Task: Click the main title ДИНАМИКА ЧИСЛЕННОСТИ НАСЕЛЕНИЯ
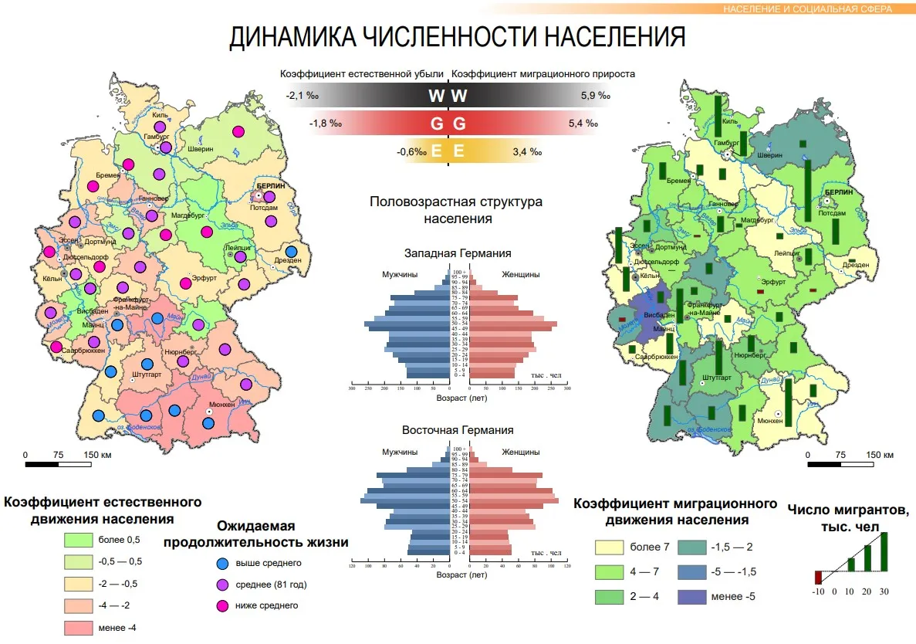(x=457, y=36)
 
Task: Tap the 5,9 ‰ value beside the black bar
(x=595, y=96)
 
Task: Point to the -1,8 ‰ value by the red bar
(x=325, y=124)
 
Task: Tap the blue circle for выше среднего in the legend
(x=223, y=563)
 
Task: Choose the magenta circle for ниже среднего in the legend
(x=223, y=605)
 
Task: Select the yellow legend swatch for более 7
(x=609, y=547)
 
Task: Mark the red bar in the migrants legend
(x=819, y=577)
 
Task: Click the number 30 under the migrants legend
(x=884, y=591)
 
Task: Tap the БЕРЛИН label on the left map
(x=271, y=186)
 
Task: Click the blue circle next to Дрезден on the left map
(x=291, y=251)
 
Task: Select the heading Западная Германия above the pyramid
(x=457, y=253)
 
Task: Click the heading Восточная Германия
(x=457, y=430)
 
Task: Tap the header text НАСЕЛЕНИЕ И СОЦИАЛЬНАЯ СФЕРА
(x=807, y=9)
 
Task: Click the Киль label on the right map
(x=729, y=120)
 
